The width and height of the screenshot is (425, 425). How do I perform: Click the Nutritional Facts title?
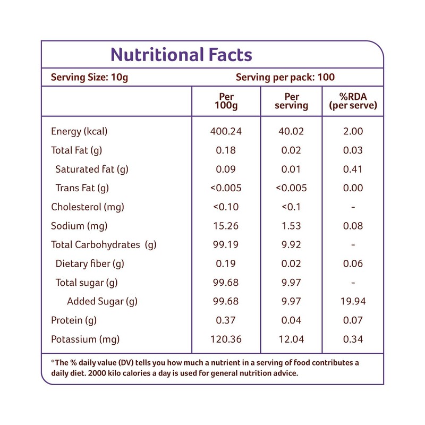[x=181, y=55]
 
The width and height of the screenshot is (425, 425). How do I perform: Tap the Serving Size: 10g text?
[x=89, y=77]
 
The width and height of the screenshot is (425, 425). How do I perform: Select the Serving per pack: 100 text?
[x=285, y=77]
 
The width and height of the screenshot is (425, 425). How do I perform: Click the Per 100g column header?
[x=226, y=101]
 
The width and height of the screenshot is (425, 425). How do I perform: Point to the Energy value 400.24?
[x=226, y=131]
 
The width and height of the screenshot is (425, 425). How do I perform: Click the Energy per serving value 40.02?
[x=292, y=131]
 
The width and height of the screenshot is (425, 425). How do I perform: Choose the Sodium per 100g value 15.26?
[x=226, y=226]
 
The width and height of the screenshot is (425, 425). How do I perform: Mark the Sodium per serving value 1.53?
[x=292, y=226]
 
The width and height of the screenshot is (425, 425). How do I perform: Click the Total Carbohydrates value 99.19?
[x=226, y=245]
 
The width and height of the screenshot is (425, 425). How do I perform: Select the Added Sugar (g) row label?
[x=102, y=302]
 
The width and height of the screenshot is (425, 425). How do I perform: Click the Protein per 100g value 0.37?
[x=226, y=320]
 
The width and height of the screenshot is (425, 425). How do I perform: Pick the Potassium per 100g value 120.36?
[x=226, y=339]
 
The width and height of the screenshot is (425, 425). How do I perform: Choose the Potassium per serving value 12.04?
[x=292, y=339]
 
